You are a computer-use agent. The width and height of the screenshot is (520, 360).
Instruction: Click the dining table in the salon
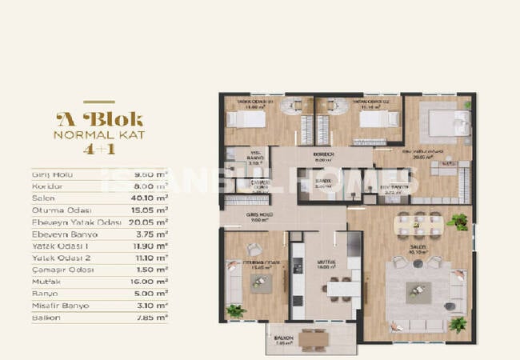click(x=418, y=223)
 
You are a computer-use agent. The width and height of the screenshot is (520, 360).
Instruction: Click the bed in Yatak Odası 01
click(x=241, y=118)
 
